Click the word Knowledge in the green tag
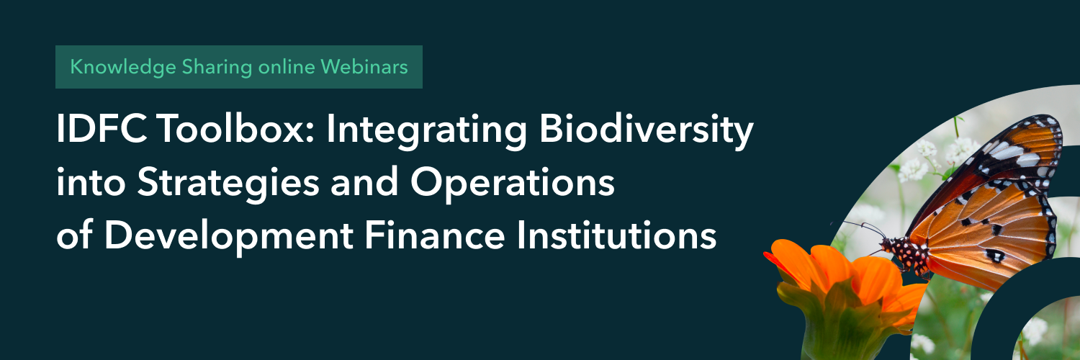click(x=123, y=67)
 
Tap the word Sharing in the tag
click(x=217, y=68)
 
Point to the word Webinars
click(x=364, y=66)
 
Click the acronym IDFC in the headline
click(x=102, y=129)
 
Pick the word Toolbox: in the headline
click(x=235, y=129)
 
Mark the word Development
click(x=229, y=237)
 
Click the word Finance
click(x=434, y=235)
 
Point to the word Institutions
click(x=616, y=235)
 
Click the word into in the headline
click(x=91, y=184)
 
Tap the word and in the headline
click(x=364, y=183)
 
